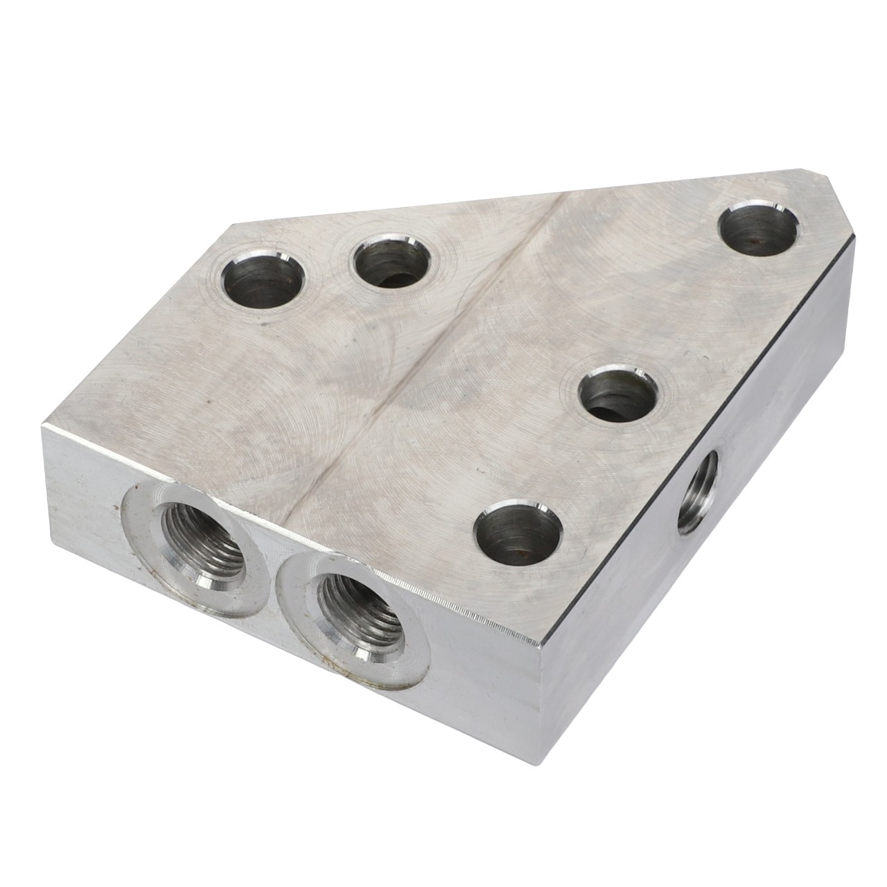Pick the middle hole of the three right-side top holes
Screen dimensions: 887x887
click(x=619, y=394)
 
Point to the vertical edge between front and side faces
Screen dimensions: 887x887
click(x=541, y=728)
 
